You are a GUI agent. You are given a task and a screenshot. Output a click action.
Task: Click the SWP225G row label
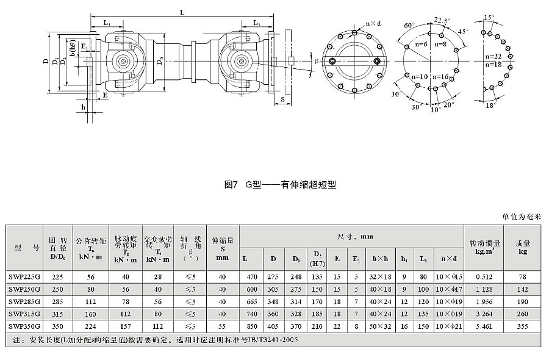pyautogui.click(x=24, y=277)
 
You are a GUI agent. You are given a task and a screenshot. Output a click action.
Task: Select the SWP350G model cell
pyautogui.click(x=24, y=326)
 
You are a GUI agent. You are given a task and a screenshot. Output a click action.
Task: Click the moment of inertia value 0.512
pyautogui.click(x=484, y=277)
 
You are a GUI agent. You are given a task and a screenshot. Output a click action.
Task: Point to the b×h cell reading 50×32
pyautogui.click(x=378, y=326)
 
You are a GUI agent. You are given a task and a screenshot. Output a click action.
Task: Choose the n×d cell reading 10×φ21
pyautogui.click(x=450, y=326)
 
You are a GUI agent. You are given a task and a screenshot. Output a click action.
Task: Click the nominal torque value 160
pyautogui.click(x=91, y=314)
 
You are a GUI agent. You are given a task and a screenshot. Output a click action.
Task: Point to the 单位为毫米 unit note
pyautogui.click(x=522, y=217)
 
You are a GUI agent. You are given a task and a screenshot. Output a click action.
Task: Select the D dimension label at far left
pyautogui.click(x=45, y=61)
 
